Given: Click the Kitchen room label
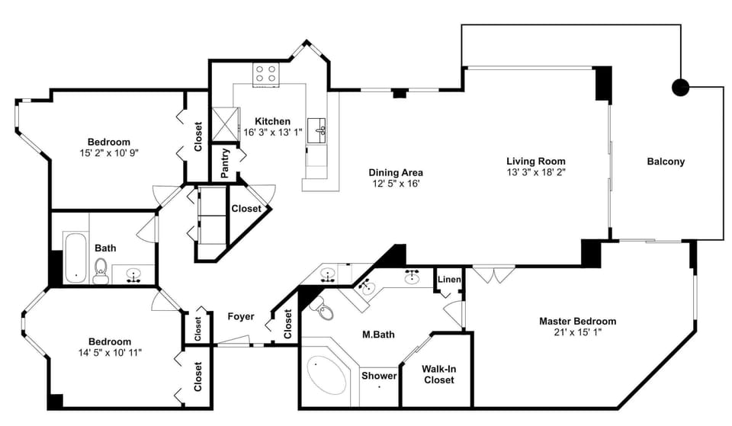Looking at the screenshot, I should tap(272, 121).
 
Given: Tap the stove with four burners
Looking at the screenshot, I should tap(266, 74).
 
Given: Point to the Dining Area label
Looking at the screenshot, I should tap(396, 172).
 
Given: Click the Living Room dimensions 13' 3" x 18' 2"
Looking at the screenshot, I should tap(536, 172).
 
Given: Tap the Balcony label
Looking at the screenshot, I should tap(666, 162).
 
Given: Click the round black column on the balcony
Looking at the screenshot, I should tap(679, 87).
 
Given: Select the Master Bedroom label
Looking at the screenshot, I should tap(577, 321).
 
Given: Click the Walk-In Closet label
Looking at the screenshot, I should tap(439, 374).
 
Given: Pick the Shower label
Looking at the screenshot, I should tap(379, 376).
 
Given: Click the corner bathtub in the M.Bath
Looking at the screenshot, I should tap(326, 373).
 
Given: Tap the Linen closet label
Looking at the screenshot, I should tap(449, 280).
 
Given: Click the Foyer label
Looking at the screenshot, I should tap(241, 317).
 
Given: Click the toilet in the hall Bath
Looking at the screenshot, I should tap(101, 271).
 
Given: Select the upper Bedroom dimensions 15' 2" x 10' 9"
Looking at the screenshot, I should tap(109, 152).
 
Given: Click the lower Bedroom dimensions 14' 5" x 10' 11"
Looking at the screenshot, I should tap(109, 352).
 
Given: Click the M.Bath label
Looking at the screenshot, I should tap(378, 333).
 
